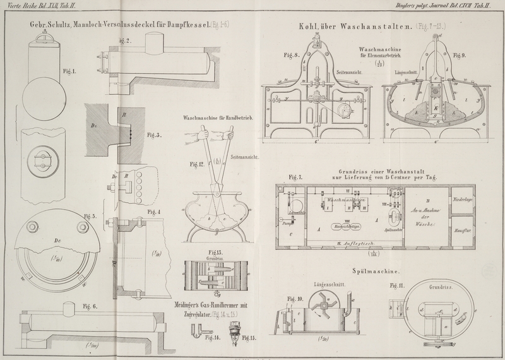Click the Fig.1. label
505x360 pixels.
[x=69, y=71]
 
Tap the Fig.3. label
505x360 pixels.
[x=153, y=135]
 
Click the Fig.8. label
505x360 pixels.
[x=291, y=55]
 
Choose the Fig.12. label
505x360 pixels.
[x=198, y=165]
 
